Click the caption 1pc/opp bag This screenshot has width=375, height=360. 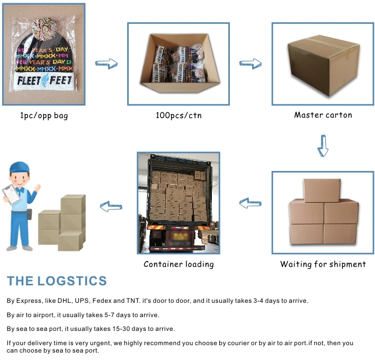pos(44,115)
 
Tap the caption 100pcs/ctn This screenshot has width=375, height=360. pos(178,115)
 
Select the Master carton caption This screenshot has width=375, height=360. pos(323,115)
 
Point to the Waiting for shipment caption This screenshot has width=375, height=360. pos(323,264)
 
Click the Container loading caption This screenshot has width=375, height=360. pos(178,264)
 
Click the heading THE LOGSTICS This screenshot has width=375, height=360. pos(57,281)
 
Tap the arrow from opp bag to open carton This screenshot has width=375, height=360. pos(106,64)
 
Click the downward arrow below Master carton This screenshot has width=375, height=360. pos(323,145)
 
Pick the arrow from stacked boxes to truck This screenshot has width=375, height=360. pos(251,202)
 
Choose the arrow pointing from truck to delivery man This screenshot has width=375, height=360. pos(111,206)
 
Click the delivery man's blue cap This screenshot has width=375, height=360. pos(19,168)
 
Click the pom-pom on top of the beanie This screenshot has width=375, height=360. pos(43,25)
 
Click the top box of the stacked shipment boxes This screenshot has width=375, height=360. pos(322,190)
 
